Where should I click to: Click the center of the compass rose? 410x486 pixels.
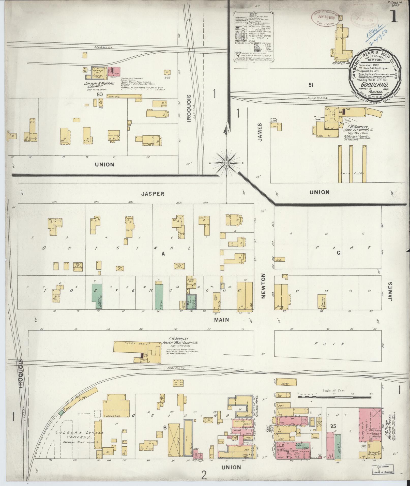(226, 162)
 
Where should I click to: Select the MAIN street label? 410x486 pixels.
(221, 320)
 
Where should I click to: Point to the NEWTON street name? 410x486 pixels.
(263, 286)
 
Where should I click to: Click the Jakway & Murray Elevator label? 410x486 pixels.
(98, 85)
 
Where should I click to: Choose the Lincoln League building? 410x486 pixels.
(322, 301)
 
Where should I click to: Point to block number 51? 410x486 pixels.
(310, 85)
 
